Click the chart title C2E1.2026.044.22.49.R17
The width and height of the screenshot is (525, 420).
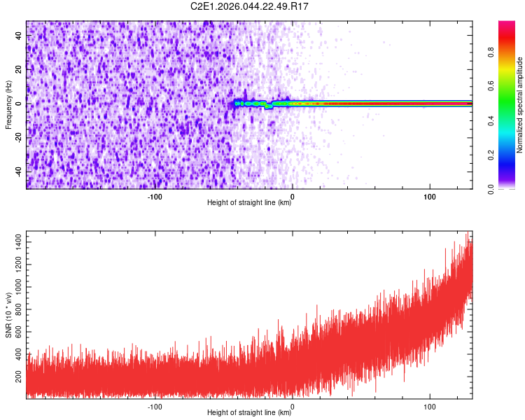click(x=249, y=6)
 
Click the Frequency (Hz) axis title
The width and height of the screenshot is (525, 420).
click(x=8, y=104)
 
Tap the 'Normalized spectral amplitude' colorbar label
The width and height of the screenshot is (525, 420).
click(x=519, y=105)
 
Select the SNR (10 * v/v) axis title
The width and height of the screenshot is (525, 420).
click(x=8, y=314)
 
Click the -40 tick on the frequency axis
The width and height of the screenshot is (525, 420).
click(x=18, y=171)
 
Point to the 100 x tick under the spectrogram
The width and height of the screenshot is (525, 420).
click(x=429, y=196)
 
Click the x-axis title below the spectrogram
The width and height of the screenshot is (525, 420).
click(x=249, y=203)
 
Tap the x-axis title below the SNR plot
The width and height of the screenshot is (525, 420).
click(x=249, y=413)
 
